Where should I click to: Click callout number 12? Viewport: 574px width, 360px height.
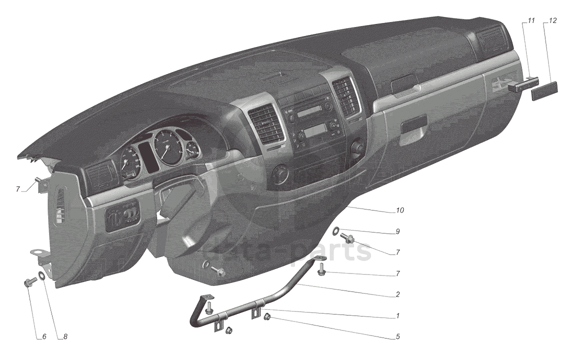(552, 21)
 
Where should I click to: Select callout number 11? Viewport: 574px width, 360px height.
(531, 21)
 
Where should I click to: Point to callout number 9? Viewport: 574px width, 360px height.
(397, 231)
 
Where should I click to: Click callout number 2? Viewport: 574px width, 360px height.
(397, 294)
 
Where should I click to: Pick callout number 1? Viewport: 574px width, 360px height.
(397, 316)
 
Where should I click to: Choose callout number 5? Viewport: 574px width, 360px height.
(397, 336)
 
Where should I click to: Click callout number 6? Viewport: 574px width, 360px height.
(44, 337)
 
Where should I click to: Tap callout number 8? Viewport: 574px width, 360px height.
(64, 337)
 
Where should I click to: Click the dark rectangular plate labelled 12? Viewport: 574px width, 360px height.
(544, 92)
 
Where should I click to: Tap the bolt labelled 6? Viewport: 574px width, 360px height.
(28, 283)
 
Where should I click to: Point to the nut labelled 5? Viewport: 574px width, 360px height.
(268, 316)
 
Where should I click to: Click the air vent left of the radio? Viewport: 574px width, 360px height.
(265, 123)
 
